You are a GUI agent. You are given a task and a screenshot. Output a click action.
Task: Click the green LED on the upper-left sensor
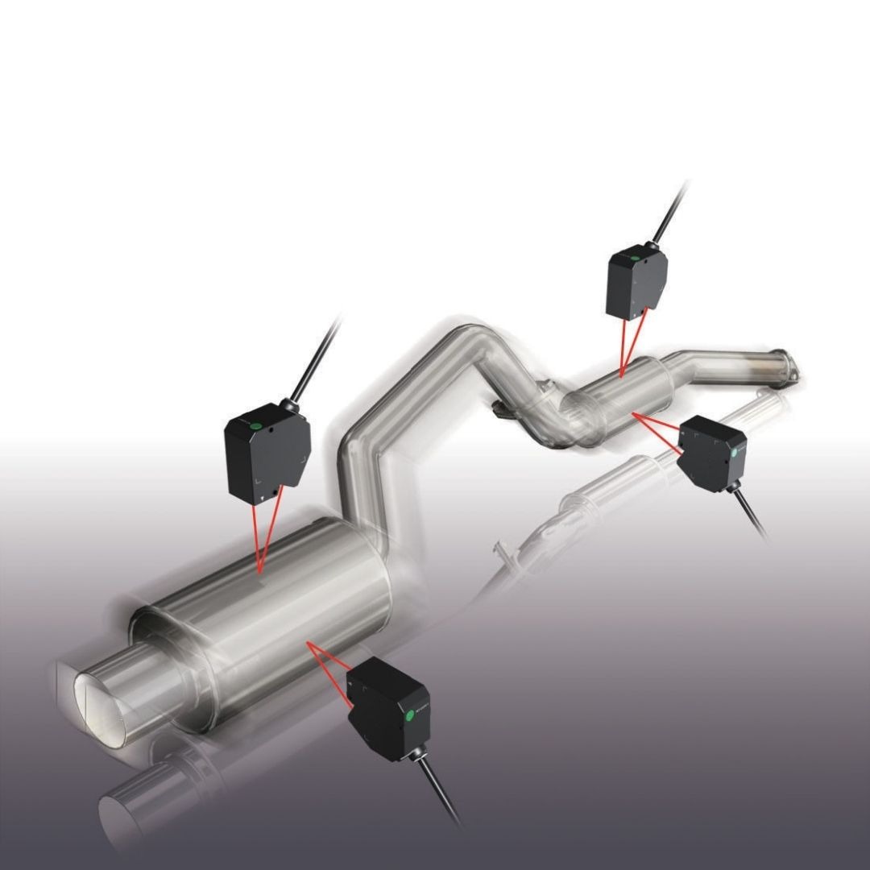click(x=255, y=425)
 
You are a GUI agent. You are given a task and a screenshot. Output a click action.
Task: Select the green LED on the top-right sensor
click(x=635, y=259)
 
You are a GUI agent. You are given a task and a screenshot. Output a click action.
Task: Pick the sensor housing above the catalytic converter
click(x=636, y=282)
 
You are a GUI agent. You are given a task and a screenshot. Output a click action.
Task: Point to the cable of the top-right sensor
click(x=672, y=209)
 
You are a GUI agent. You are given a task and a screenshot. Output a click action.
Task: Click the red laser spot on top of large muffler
click(x=260, y=571)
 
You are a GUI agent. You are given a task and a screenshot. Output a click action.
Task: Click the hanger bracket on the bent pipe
click(x=501, y=411)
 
